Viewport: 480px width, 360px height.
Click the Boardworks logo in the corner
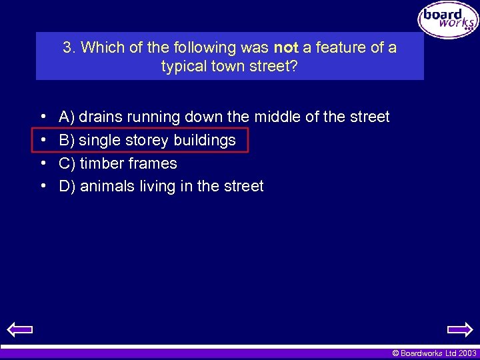[447, 20]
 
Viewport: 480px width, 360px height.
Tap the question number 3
[67, 48]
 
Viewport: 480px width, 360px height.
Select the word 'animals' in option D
[107, 187]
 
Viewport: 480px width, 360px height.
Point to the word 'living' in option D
[154, 187]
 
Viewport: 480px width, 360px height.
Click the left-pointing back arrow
[20, 329]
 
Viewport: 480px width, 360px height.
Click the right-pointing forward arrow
[459, 329]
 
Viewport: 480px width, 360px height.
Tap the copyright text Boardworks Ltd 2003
[435, 353]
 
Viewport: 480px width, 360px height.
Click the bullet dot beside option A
[43, 117]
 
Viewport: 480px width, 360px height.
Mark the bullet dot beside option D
[43, 187]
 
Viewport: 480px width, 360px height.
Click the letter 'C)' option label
[67, 164]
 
